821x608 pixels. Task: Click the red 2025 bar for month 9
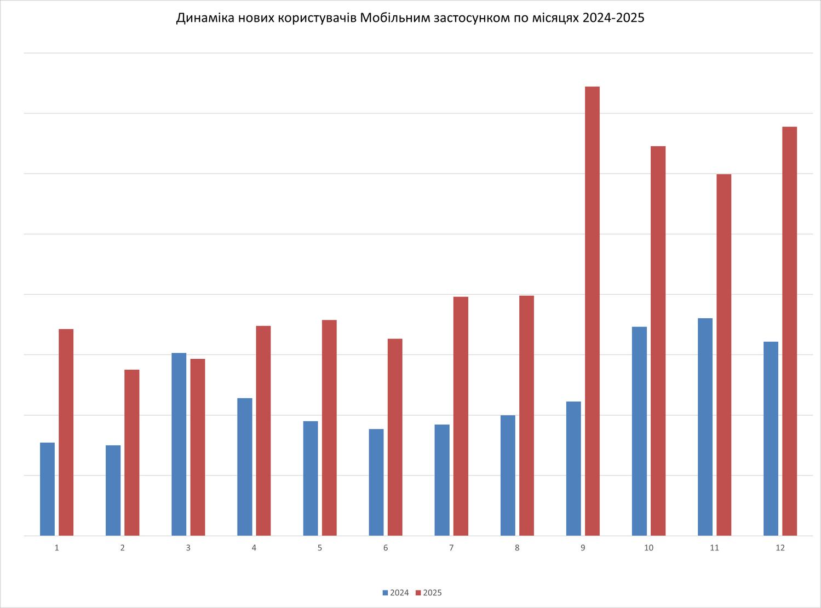[x=592, y=311]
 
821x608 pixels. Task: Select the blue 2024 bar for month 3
[x=179, y=444]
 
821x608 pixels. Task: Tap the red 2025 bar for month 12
[x=789, y=331]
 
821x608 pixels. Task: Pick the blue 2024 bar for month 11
[x=705, y=427]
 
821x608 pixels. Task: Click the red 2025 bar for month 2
[x=131, y=452]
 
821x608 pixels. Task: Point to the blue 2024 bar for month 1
[x=47, y=489]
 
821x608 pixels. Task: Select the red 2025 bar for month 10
[x=658, y=341]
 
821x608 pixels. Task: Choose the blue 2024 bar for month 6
[x=376, y=482]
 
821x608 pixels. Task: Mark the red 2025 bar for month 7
[x=461, y=416]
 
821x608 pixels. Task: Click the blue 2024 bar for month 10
[x=639, y=431]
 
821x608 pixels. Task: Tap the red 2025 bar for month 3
[x=198, y=447]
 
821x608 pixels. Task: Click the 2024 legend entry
[x=395, y=593]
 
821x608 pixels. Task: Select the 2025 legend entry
[x=429, y=593]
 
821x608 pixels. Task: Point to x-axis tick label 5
[x=320, y=548]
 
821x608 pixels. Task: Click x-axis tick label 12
[x=780, y=548]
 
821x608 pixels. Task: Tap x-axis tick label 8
[x=517, y=548]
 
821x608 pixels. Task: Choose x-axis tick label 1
[x=56, y=548]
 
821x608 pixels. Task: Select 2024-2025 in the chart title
[x=613, y=18]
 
